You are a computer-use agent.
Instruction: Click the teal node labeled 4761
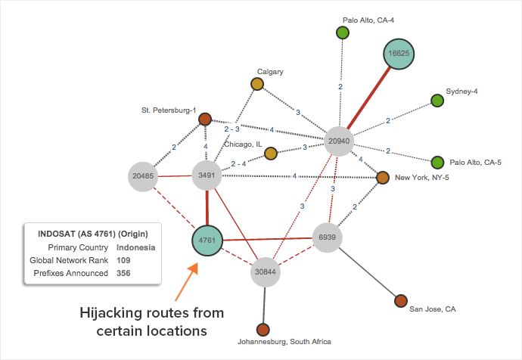207,241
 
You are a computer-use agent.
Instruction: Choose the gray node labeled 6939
328,237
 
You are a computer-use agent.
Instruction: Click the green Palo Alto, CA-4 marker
342,33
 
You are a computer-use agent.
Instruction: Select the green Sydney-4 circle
437,100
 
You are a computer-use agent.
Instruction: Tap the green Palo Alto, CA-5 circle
437,162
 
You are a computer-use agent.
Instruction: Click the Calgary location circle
257,84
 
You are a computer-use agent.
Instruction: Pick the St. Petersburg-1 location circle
204,119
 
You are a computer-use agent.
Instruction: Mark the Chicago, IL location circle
270,154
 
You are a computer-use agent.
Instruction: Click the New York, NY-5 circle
383,177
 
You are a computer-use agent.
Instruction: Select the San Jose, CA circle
401,301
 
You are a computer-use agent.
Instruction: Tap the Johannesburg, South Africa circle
263,330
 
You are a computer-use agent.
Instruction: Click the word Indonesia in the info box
137,247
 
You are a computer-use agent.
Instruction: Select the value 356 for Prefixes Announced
124,273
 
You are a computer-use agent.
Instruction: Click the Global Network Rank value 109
124,260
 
